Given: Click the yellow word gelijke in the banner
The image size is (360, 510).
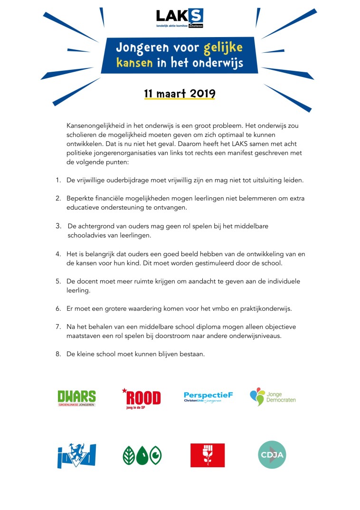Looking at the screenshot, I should click(223, 48).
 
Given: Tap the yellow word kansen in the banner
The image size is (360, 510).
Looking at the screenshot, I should click(135, 63).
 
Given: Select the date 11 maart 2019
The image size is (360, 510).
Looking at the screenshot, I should click(180, 93).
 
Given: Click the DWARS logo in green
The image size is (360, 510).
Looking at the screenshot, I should click(76, 398).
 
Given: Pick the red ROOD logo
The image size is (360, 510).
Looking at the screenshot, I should click(142, 397).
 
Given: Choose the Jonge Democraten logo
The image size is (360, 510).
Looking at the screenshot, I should click(273, 396).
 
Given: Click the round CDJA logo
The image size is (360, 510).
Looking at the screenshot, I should click(272, 454).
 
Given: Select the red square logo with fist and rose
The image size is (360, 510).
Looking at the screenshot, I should click(208, 455).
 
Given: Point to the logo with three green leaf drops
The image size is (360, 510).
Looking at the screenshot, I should click(142, 455).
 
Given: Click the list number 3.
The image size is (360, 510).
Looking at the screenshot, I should click(58, 226).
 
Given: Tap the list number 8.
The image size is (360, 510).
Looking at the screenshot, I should click(58, 354).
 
